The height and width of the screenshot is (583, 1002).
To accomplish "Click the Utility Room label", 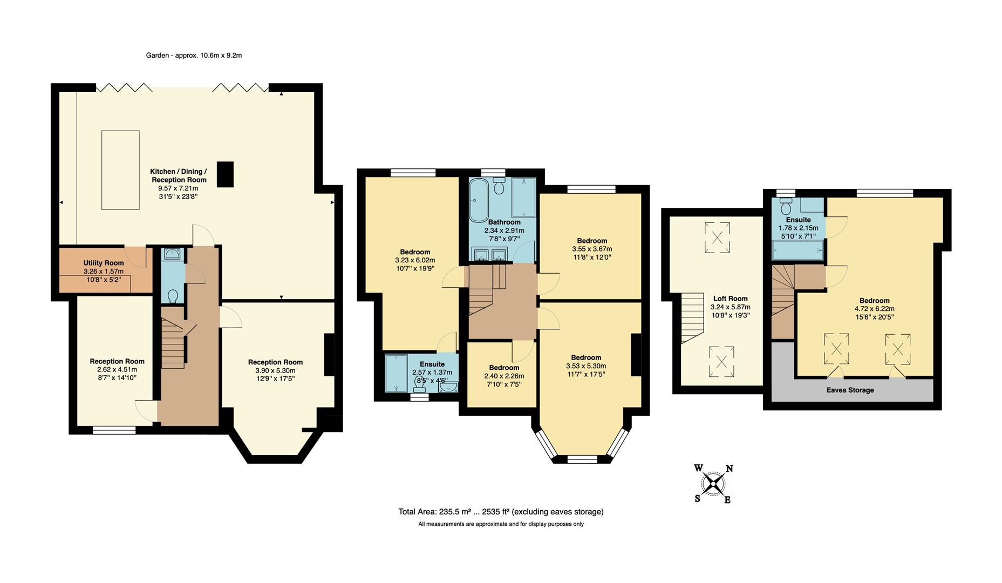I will coord(103,263).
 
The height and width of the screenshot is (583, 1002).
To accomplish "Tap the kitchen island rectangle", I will coord(120,170).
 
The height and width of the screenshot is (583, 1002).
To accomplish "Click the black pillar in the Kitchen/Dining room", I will coord(226,174).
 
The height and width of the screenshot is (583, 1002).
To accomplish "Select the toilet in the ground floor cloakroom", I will coord(173,296).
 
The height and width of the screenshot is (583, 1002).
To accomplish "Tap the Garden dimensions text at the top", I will coord(194,55).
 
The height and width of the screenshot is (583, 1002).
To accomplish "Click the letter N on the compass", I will coord(729,469).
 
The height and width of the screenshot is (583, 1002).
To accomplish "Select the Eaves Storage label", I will coord(850,390).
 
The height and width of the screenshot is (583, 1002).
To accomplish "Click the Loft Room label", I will coord(730,299).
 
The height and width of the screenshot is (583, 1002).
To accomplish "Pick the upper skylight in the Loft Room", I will coord(717,238).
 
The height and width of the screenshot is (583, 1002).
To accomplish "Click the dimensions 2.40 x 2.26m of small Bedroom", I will coord(503,376).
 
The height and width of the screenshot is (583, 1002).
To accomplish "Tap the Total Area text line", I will coord(500,512).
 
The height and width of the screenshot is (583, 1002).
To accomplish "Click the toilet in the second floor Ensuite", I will coord(786,206).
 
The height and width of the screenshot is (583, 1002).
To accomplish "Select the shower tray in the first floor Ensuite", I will coord(397,372).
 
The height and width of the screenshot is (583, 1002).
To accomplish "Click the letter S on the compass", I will coord(698,498).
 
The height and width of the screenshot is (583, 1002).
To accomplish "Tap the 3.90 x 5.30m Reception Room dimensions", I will coord(275,371).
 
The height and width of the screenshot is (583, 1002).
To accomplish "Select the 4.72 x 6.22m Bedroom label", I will coord(874,301).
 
